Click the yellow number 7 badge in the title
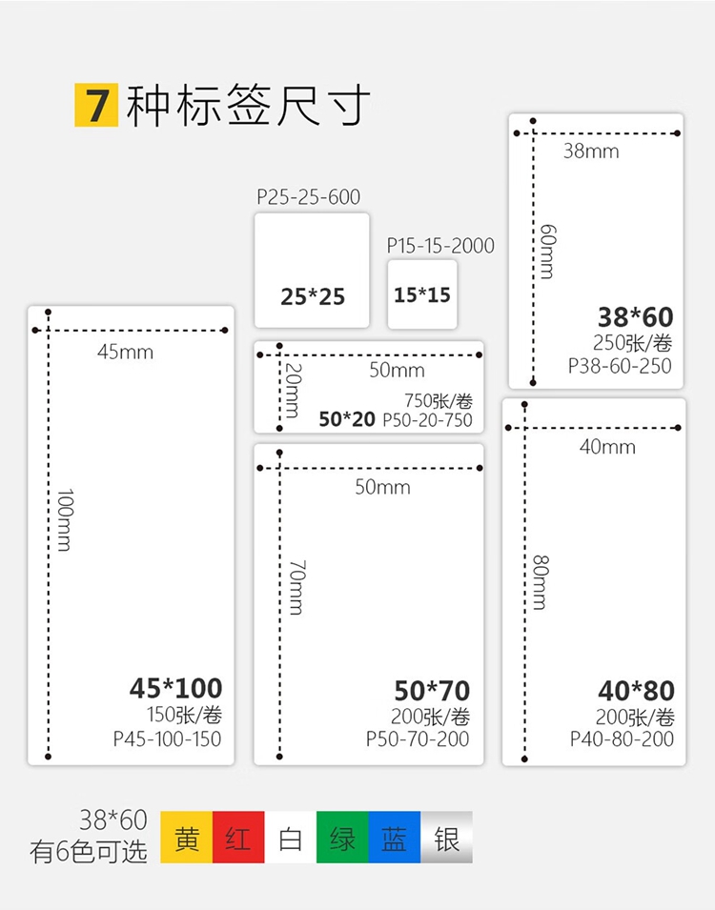96,105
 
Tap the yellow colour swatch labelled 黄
187,837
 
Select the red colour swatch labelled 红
238,837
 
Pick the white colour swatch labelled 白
291,837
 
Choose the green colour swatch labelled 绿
342,837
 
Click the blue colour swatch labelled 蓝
395,837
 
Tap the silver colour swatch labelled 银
446,837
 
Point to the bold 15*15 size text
422,295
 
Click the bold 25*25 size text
313,297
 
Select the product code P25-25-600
309,197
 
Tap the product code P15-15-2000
440,246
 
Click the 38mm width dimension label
591,152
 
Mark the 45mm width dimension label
126,352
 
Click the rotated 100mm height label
65,520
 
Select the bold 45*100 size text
176,688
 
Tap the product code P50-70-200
418,738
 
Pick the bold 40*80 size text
637,691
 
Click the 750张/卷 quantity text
439,401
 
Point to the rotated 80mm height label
541,582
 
